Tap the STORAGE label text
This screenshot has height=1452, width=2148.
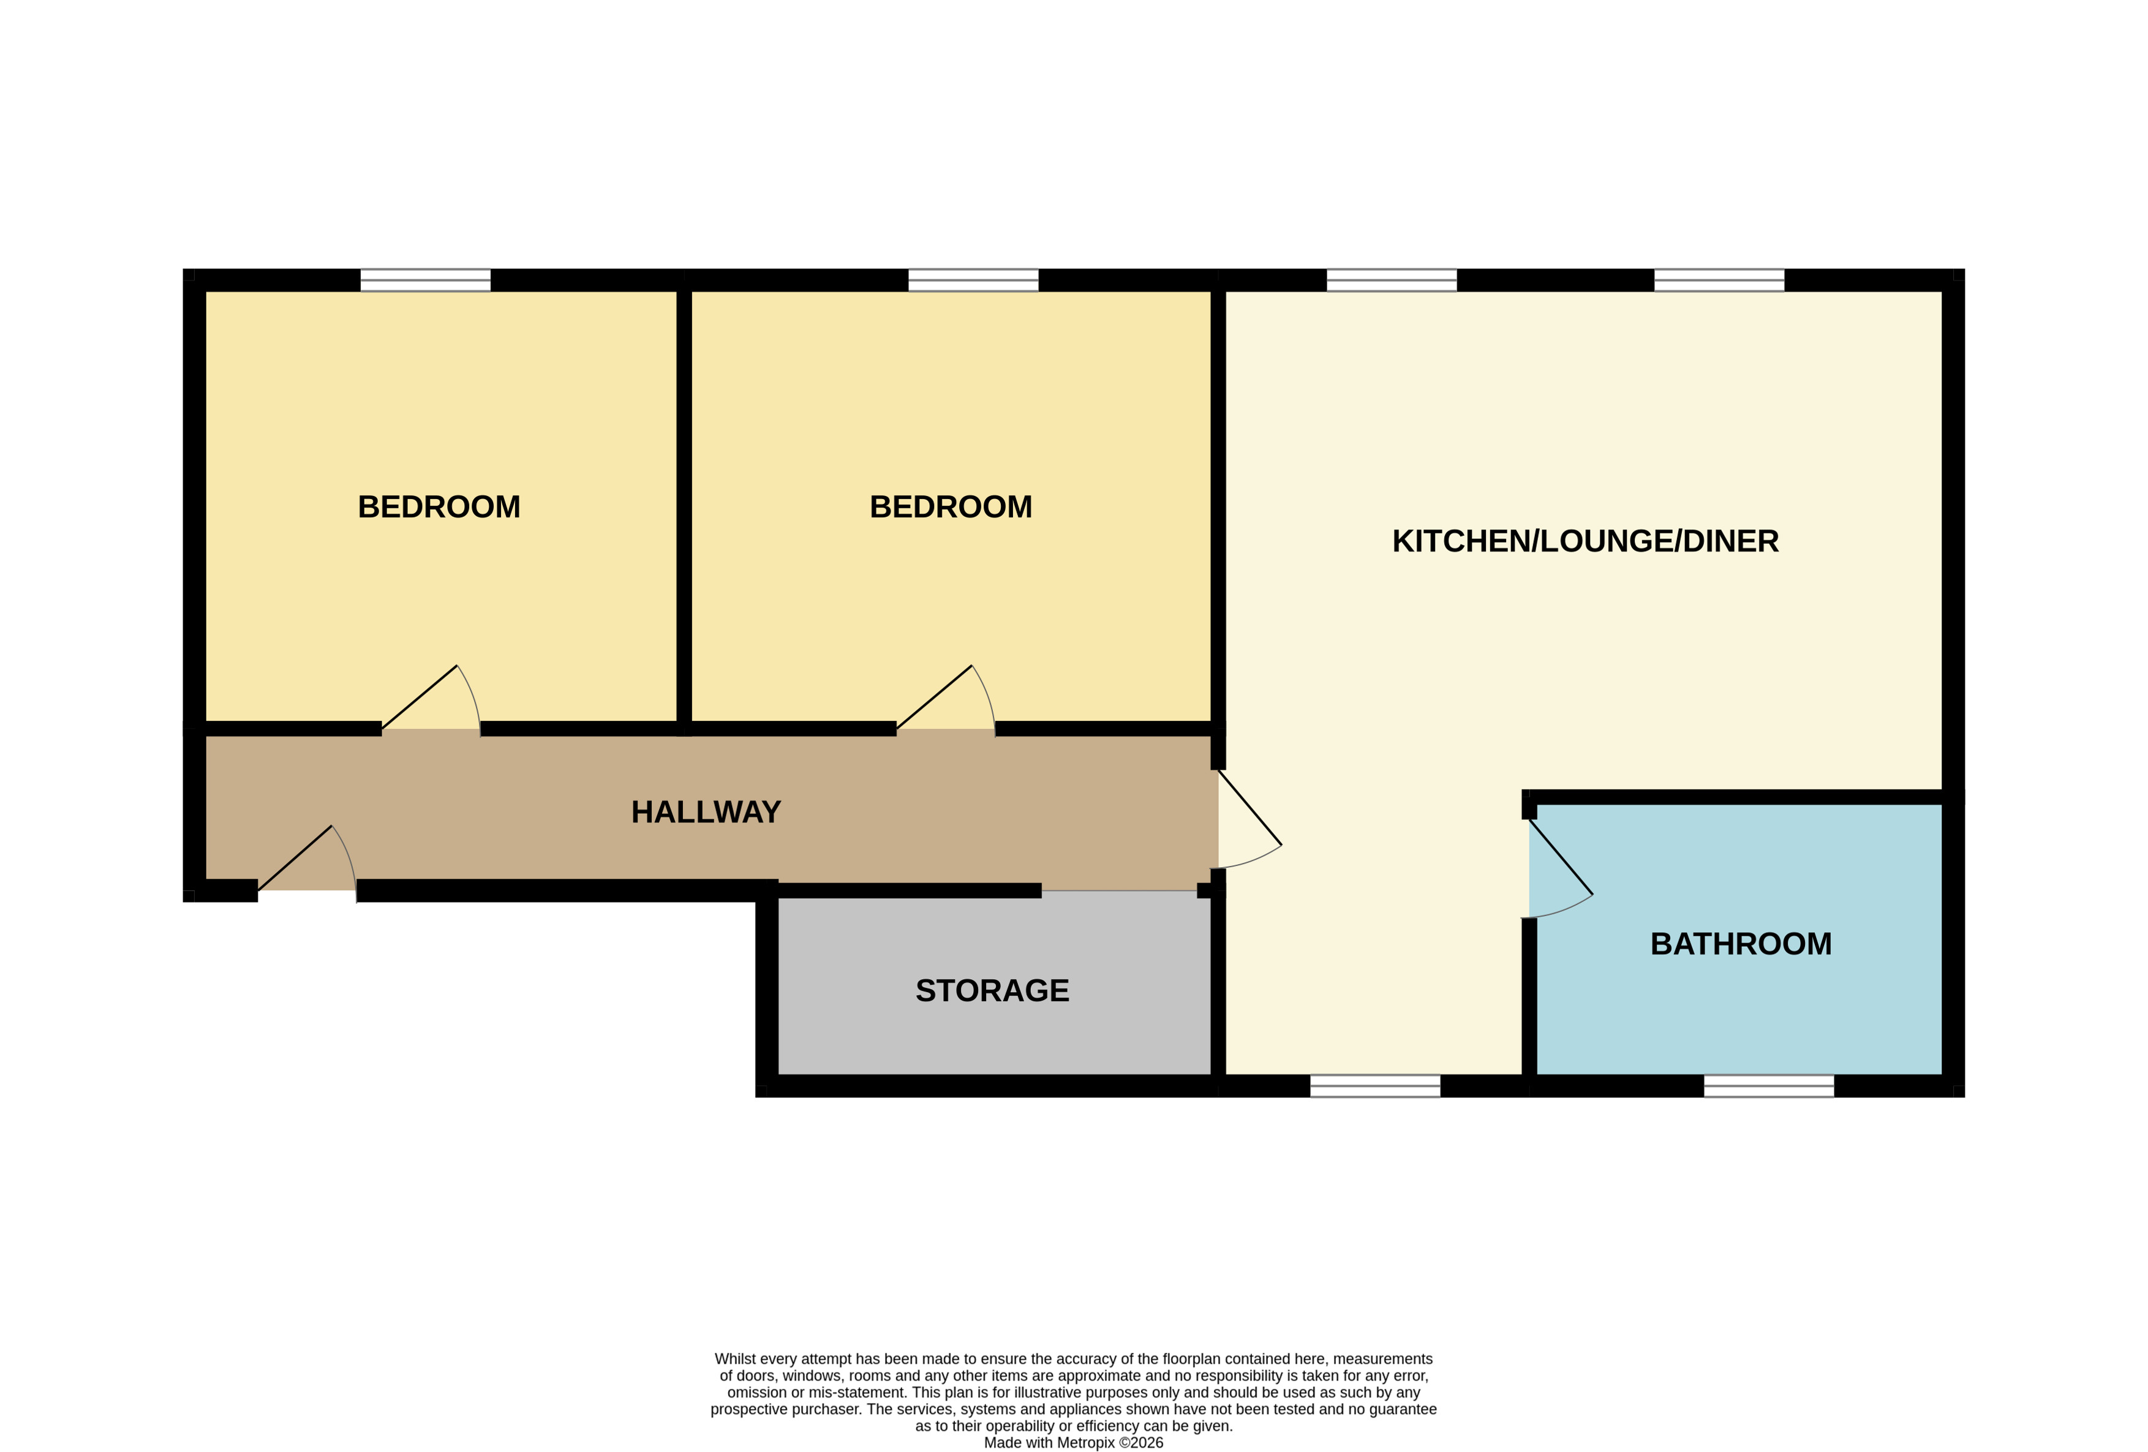click(992, 991)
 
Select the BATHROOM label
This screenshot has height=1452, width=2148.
click(1741, 944)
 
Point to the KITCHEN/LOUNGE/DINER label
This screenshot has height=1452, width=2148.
click(1585, 541)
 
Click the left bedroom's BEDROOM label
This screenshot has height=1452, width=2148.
click(439, 508)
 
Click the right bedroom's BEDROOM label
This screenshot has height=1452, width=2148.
click(950, 508)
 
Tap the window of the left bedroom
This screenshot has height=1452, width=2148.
click(425, 280)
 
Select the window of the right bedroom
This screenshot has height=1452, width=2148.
click(973, 280)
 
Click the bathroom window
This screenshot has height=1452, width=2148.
click(1768, 1086)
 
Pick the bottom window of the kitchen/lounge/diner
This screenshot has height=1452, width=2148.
click(1374, 1086)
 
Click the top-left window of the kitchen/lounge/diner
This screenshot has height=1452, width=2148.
click(1391, 280)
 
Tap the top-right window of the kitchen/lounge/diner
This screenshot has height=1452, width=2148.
click(1719, 280)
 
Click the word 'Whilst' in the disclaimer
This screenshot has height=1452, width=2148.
click(735, 1359)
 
